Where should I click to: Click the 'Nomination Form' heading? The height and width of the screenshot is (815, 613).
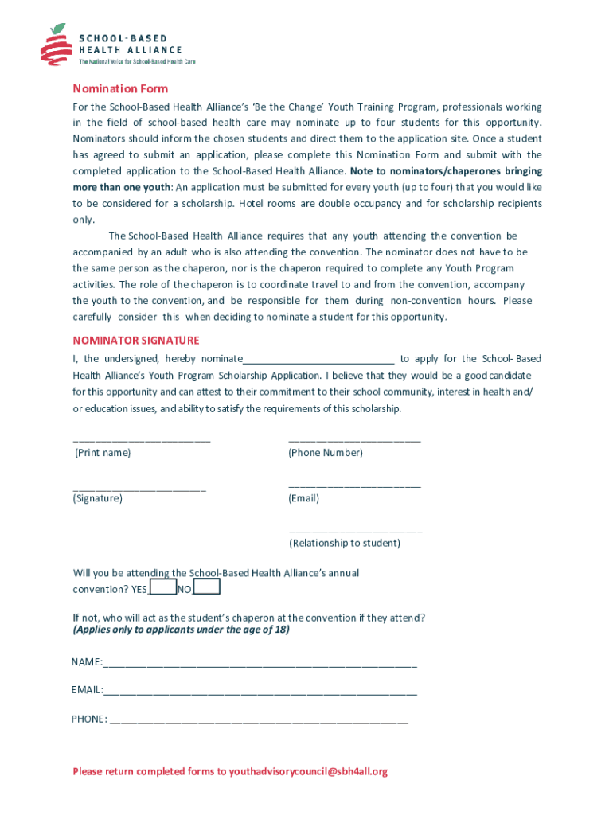tap(120, 88)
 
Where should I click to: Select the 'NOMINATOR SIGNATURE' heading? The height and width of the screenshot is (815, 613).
tap(136, 341)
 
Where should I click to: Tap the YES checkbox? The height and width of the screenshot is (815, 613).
tap(163, 587)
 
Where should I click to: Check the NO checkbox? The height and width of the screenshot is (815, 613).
tap(207, 587)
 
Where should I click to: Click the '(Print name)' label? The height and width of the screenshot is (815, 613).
tap(103, 453)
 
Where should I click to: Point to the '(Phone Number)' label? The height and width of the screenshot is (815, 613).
tap(326, 453)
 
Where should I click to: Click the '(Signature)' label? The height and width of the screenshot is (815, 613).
tap(98, 498)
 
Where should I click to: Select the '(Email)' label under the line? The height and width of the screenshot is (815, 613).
tap(304, 498)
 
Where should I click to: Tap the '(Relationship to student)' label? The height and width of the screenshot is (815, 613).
tap(345, 544)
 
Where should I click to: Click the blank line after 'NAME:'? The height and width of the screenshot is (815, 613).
tap(260, 664)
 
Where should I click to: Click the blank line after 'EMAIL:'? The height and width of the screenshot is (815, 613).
tap(260, 691)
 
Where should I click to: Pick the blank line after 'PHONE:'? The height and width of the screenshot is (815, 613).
tap(259, 720)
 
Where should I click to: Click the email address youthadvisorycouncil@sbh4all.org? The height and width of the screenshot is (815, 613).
tap(308, 771)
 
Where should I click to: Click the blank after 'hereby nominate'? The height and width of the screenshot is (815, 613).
tap(319, 360)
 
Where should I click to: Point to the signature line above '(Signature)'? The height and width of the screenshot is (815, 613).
tap(139, 488)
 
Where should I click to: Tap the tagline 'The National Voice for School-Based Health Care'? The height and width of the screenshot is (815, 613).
tap(136, 61)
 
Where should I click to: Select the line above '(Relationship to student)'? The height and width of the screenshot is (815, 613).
tap(355, 530)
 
